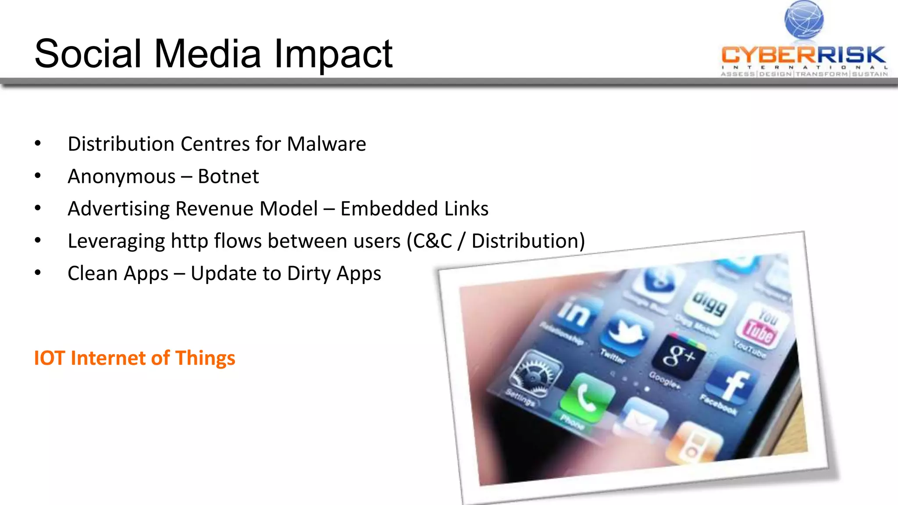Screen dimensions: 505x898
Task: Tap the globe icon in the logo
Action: pos(804,19)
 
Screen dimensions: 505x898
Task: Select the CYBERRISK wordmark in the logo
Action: pos(803,55)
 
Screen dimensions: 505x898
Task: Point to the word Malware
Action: pos(326,144)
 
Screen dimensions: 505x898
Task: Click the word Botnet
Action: pos(228,176)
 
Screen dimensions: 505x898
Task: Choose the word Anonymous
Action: pos(121,176)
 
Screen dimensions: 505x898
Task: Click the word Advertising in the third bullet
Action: pos(118,209)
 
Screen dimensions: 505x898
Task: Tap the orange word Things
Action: pos(205,358)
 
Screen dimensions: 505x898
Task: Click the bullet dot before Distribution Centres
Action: pos(38,143)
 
